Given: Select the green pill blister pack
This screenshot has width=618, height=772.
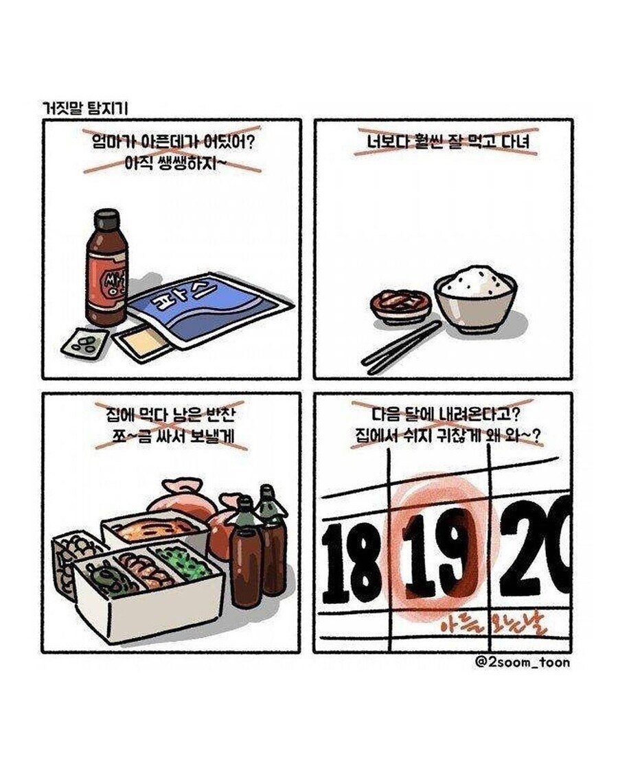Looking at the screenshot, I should coord(84,341).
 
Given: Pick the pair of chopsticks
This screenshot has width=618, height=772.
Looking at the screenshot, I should coord(401,347).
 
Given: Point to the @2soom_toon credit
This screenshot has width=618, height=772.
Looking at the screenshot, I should coord(522,662).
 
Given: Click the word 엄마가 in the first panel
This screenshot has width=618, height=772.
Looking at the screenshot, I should coord(114,143).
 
